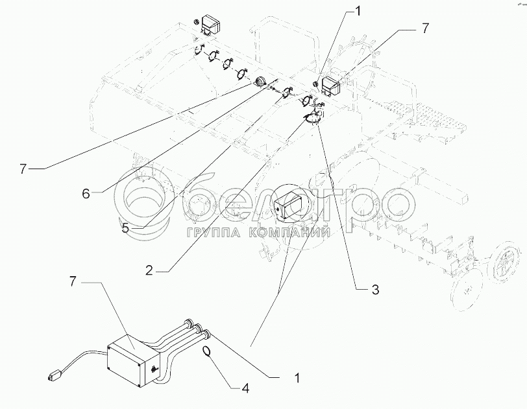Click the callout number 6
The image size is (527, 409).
click(86, 193)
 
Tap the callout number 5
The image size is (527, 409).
click(125, 228)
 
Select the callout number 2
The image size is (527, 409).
click(149, 271)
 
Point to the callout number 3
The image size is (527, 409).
click(375, 289)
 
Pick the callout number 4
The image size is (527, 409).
click(245, 389)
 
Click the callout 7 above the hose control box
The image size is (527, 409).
click(73, 282)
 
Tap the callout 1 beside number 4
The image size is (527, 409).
click(297, 378)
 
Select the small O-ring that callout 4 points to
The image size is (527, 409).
click(206, 351)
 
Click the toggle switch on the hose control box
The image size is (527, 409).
click(154, 369)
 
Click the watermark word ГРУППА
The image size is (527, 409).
click(213, 232)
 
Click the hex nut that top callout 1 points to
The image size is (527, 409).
click(315, 84)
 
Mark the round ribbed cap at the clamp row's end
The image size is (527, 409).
click(260, 82)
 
